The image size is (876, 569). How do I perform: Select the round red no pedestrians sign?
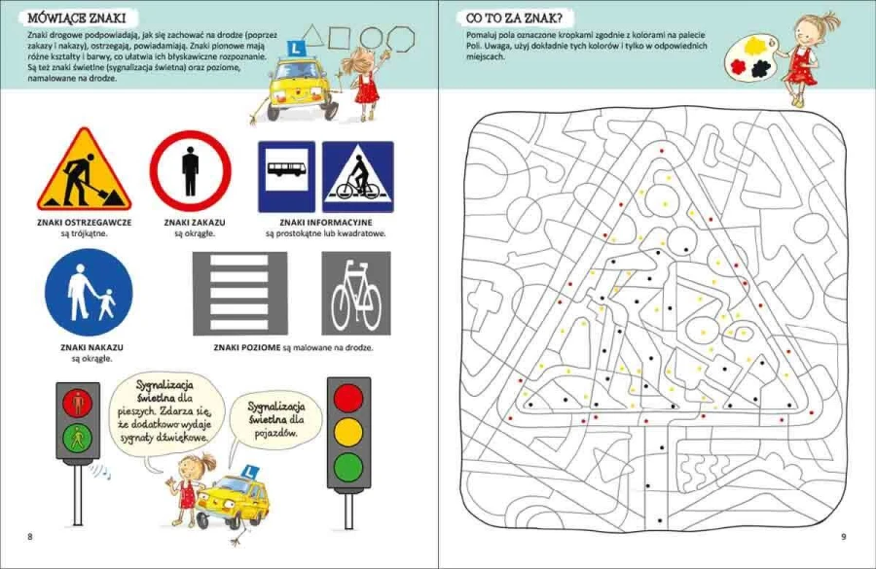pos(191,171)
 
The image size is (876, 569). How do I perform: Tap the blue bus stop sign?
pos(286,176)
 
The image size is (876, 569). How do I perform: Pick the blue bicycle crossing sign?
pos(358,176)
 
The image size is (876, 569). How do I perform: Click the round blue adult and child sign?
pos(89,293)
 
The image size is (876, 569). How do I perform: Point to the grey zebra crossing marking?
pos(240,294)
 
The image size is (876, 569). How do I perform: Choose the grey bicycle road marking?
pos(356,294)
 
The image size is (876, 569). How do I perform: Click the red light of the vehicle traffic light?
pos(348,398)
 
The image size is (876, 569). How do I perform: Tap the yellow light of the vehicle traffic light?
pos(348,432)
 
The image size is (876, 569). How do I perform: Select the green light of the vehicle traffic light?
pos(348,466)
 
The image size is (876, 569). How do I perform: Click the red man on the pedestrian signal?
pos(78,403)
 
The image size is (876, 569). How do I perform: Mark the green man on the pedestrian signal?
pos(78,439)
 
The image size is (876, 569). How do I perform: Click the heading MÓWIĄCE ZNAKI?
pos(77,18)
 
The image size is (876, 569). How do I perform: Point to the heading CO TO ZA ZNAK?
pos(514,18)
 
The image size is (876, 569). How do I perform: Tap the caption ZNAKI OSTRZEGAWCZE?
pos(85,222)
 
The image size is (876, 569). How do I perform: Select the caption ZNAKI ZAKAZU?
pos(195,222)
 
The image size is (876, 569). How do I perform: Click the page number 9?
pos(844,537)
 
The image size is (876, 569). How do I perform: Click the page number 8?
pos(30,537)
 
